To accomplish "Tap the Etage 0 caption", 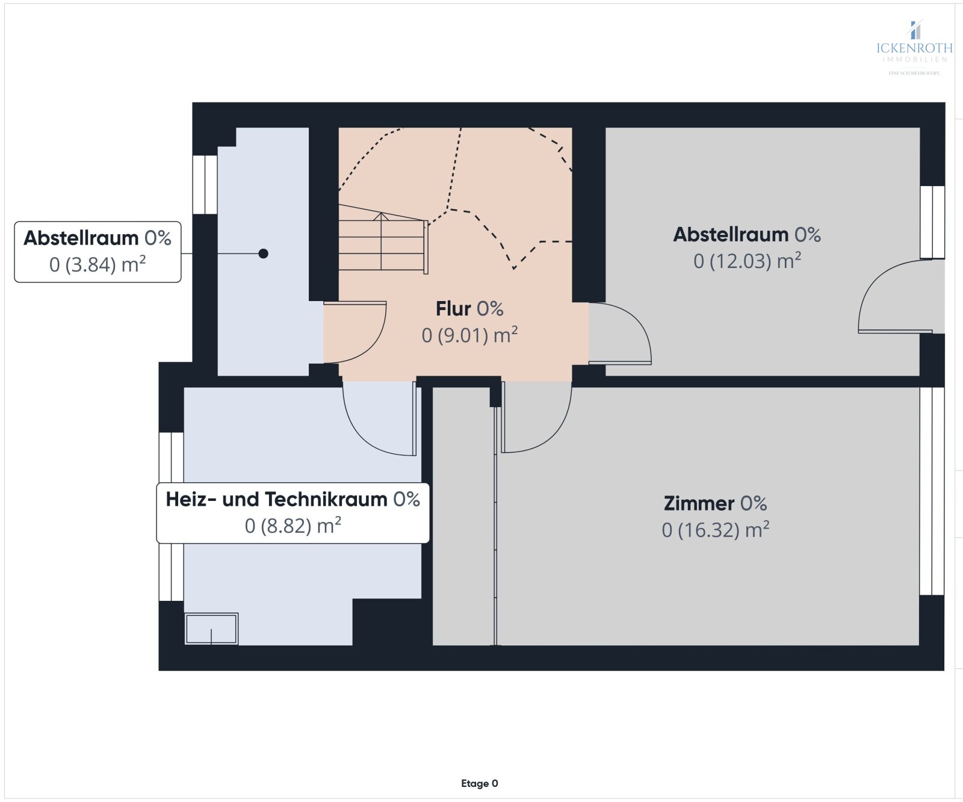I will [x=479, y=783].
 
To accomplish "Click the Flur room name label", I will [x=453, y=309].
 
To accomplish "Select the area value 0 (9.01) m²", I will [x=469, y=335].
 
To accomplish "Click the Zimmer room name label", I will [x=699, y=503].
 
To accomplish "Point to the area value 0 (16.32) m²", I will [x=715, y=530].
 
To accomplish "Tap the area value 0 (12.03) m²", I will [x=747, y=261].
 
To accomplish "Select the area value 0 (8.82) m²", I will [x=293, y=526].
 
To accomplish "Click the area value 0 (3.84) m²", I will [x=98, y=265].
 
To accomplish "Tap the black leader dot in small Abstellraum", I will [x=263, y=253].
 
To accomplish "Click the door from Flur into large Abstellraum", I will [x=620, y=335].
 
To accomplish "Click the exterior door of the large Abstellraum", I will [x=896, y=298].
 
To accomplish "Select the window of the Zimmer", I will [x=932, y=491].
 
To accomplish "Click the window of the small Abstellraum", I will [x=205, y=184].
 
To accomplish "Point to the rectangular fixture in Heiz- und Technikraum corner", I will [x=211, y=629].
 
